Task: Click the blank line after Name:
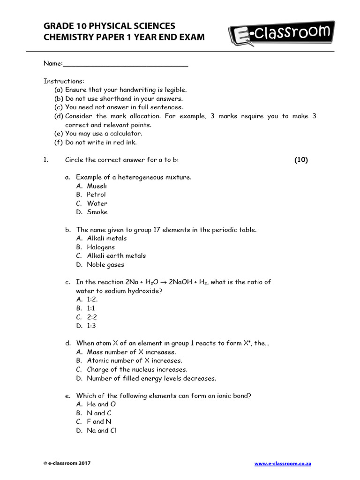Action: [126, 64]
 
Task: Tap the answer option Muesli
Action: [97, 186]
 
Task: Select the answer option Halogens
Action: [100, 247]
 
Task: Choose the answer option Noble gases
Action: [105, 264]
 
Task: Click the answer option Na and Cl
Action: [101, 430]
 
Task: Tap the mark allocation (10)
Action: [301, 160]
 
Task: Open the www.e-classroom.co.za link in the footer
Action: [283, 464]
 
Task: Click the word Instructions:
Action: [64, 81]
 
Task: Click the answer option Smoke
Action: [97, 212]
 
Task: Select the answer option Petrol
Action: [96, 195]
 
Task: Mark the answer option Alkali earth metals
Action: [116, 255]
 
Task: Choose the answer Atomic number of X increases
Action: [135, 360]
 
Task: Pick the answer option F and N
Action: [99, 421]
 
